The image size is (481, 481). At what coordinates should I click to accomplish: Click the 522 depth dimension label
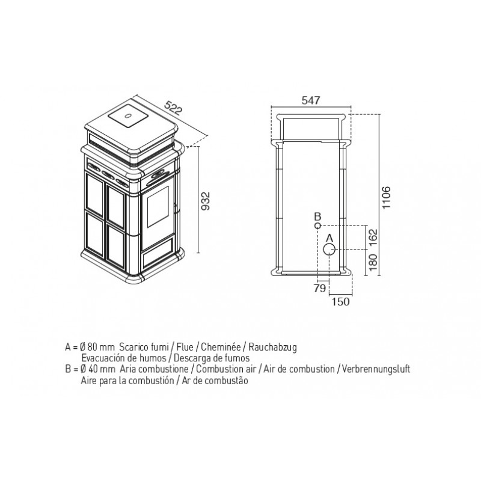point(174,107)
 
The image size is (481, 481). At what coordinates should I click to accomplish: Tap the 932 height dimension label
point(205,201)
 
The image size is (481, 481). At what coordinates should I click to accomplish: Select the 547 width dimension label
point(311,100)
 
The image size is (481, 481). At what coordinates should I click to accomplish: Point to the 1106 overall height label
point(385,197)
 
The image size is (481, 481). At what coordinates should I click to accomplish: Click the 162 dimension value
point(373,237)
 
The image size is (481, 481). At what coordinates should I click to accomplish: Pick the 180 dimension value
point(373,262)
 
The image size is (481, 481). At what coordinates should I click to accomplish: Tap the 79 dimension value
point(320,289)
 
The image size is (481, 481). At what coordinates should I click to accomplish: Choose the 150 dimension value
point(340,302)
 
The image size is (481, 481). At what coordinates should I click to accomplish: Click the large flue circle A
point(329,250)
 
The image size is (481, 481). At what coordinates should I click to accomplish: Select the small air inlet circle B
point(318,226)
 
